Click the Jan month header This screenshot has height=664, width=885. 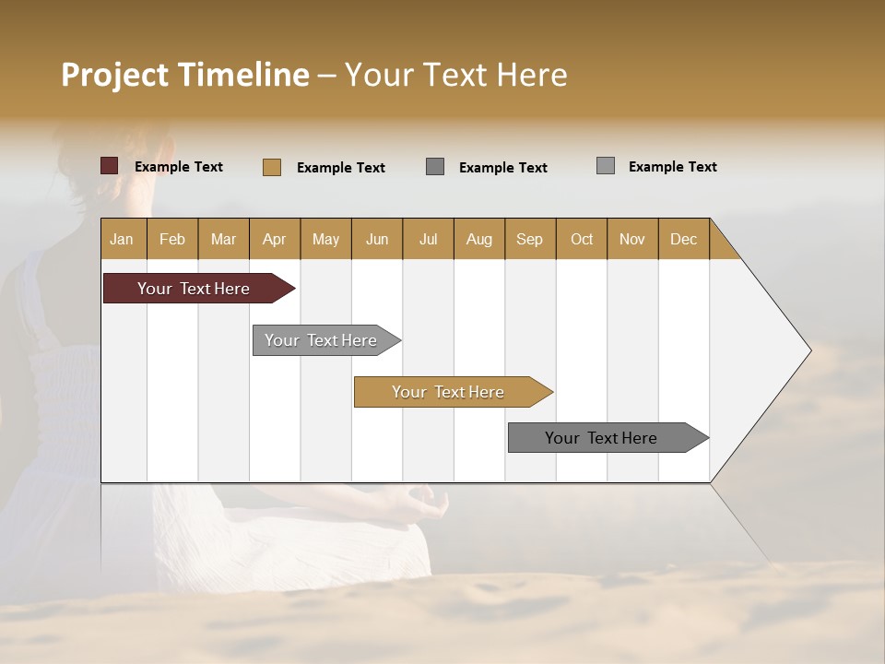tap(123, 239)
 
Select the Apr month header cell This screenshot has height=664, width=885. tap(275, 239)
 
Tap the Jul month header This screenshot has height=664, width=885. tap(429, 239)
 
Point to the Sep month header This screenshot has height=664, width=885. tap(530, 239)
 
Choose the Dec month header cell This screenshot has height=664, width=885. tap(684, 239)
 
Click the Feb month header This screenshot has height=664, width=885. tap(172, 239)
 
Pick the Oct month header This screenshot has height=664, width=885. tap(582, 239)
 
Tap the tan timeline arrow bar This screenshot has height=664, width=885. tap(449, 392)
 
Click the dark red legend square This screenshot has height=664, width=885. tap(110, 166)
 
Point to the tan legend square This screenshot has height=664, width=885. tap(272, 167)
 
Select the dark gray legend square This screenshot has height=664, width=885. tap(435, 167)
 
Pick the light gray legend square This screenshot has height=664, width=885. tap(606, 166)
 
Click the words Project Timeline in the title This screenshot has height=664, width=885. tap(184, 75)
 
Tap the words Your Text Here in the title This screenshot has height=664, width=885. tap(455, 75)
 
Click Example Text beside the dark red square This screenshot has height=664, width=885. tap(179, 167)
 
